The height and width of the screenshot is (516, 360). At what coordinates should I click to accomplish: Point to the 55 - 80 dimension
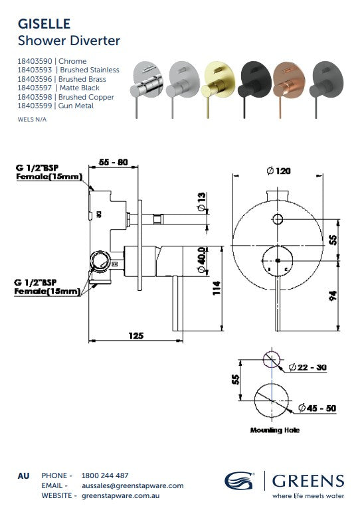[x=113, y=162]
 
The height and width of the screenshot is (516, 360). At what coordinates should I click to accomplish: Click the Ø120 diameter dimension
[x=278, y=171]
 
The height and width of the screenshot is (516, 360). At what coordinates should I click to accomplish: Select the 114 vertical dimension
[x=215, y=288]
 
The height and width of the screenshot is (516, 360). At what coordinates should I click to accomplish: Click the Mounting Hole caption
[x=274, y=430]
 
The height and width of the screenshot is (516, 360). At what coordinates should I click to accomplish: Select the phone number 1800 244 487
[x=105, y=475]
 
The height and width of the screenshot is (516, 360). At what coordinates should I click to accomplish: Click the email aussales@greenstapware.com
[x=132, y=485]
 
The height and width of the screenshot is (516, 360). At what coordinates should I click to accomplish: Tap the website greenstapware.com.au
[x=123, y=495]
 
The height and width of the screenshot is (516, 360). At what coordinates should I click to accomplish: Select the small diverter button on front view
[x=277, y=220]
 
